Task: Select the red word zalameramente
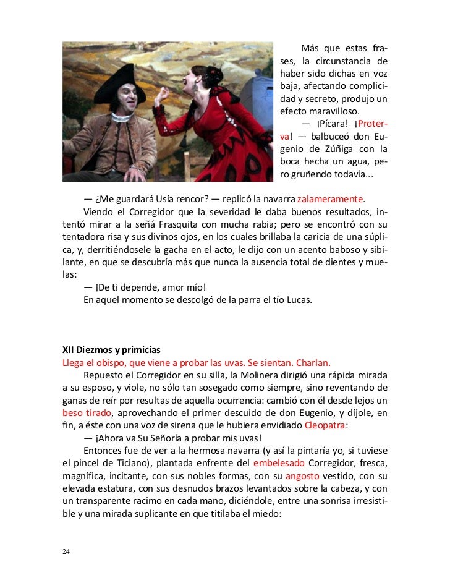point(330,199)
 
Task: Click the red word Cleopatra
point(326,425)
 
